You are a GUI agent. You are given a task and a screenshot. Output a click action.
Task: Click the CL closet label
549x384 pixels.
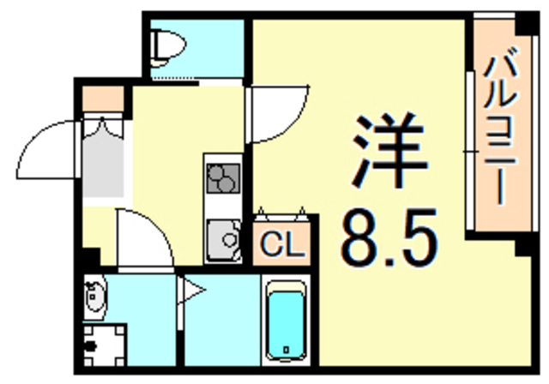tap(283, 248)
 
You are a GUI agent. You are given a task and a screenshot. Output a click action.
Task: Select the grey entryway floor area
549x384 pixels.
tap(103, 167)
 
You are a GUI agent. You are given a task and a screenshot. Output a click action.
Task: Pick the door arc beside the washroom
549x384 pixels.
tap(146, 236)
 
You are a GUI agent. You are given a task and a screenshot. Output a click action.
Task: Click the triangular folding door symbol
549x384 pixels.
tap(190, 291)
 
